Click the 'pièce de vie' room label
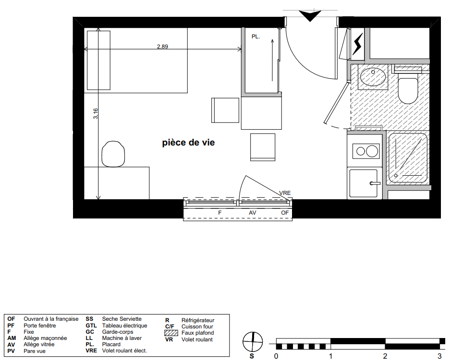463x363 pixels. (188, 143)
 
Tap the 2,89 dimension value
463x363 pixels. (162, 46)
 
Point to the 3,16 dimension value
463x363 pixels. (96, 114)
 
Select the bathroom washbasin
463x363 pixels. (373, 77)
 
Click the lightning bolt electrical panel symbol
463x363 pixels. (358, 44)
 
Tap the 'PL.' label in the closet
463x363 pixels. (256, 36)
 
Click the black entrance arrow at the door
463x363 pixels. (310, 16)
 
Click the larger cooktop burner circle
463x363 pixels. (372, 151)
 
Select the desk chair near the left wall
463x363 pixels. (113, 154)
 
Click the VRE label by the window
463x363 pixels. (285, 193)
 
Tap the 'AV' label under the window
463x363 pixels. (253, 213)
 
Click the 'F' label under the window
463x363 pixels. (219, 213)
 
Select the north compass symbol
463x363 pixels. (253, 342)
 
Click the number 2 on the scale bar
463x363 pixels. (385, 356)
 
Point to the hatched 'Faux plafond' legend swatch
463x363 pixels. (171, 333)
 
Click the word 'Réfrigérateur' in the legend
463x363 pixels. (198, 320)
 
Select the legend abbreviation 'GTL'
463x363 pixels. (91, 326)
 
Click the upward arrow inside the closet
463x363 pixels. (272, 60)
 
